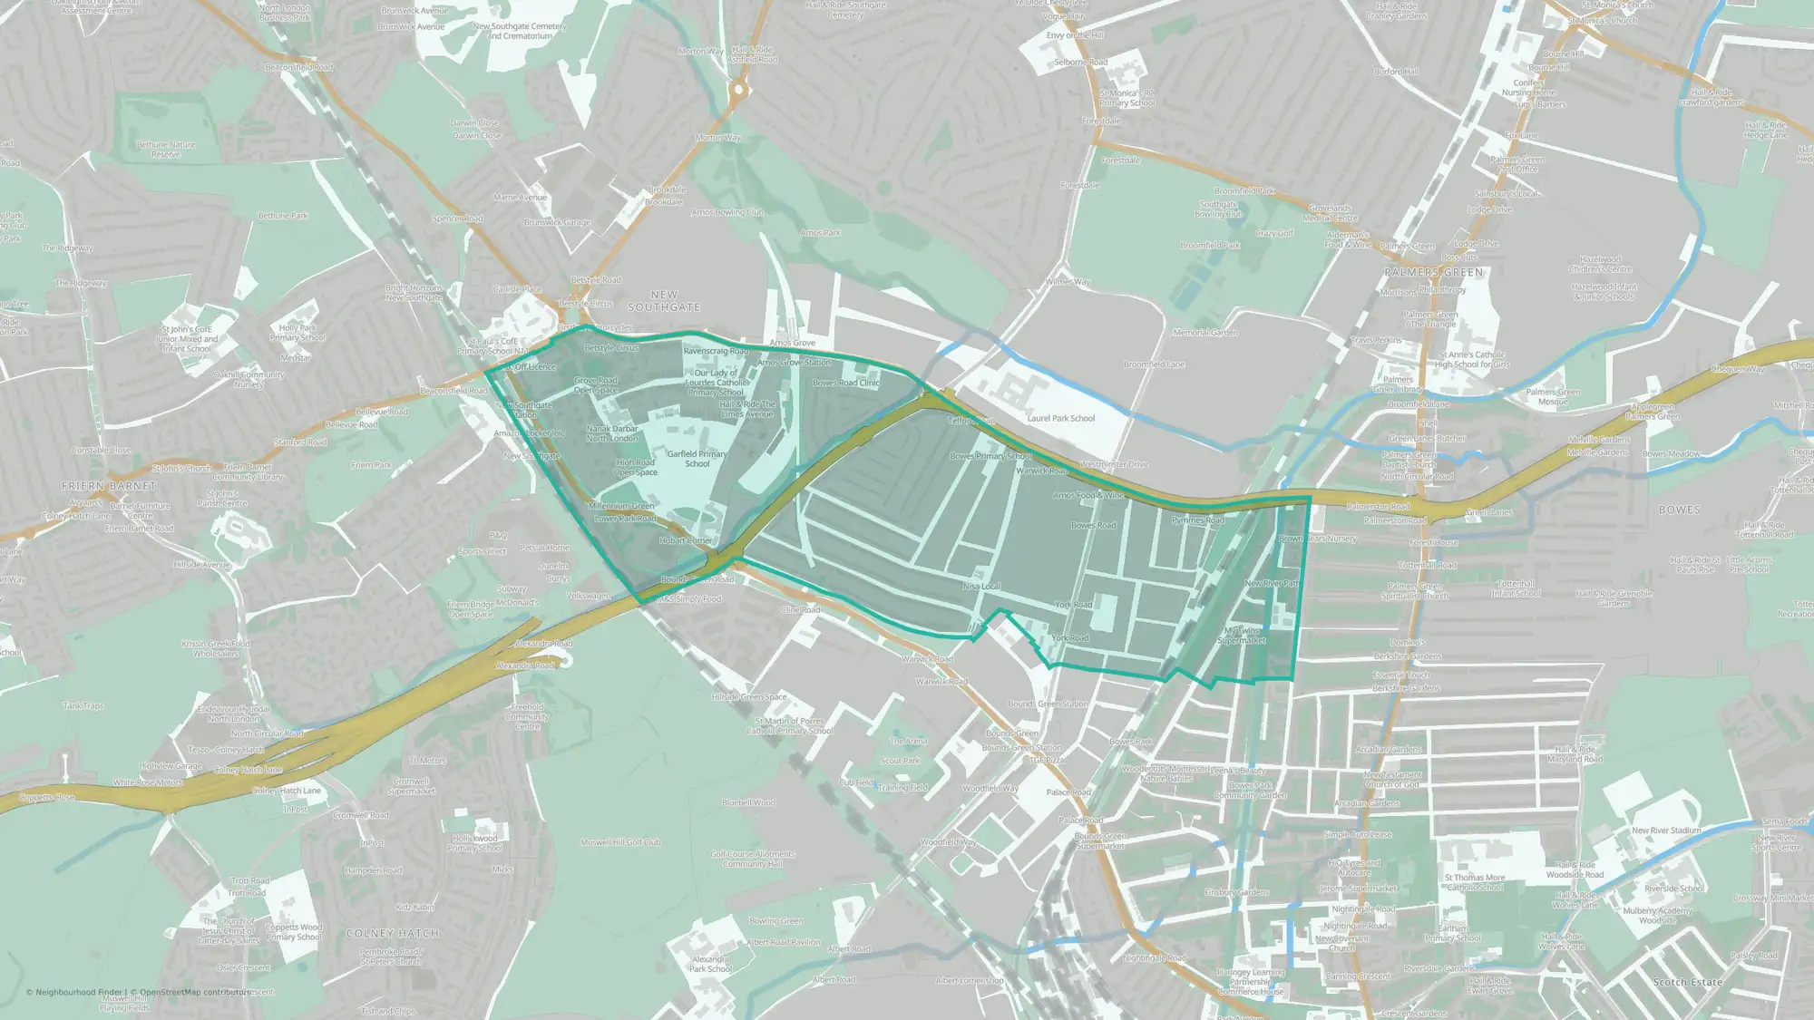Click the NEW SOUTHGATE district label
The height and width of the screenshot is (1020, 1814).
(664, 301)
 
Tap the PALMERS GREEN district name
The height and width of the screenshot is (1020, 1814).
(1433, 272)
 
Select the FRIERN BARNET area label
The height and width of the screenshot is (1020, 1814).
(108, 486)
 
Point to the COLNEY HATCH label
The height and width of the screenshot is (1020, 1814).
(393, 933)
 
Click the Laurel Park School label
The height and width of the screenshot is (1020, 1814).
(1060, 418)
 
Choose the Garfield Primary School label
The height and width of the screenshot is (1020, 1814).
(697, 459)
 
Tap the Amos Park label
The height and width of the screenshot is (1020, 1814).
(820, 233)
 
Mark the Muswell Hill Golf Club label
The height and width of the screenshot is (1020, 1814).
(620, 842)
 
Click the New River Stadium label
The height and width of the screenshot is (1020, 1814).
(1665, 830)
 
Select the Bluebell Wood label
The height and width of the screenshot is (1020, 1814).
(748, 802)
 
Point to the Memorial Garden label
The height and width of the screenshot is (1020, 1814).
(1204, 333)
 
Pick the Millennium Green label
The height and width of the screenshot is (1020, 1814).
(621, 506)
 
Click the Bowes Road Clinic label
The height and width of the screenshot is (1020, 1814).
(845, 383)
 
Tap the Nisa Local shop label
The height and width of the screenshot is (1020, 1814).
(980, 587)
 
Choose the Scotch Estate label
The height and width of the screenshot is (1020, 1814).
(1687, 982)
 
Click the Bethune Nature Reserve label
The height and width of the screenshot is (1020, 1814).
(166, 150)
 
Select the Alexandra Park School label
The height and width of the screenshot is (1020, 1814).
(710, 964)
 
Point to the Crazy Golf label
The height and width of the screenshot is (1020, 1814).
(1274, 233)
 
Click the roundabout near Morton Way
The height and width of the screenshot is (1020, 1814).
(738, 89)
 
